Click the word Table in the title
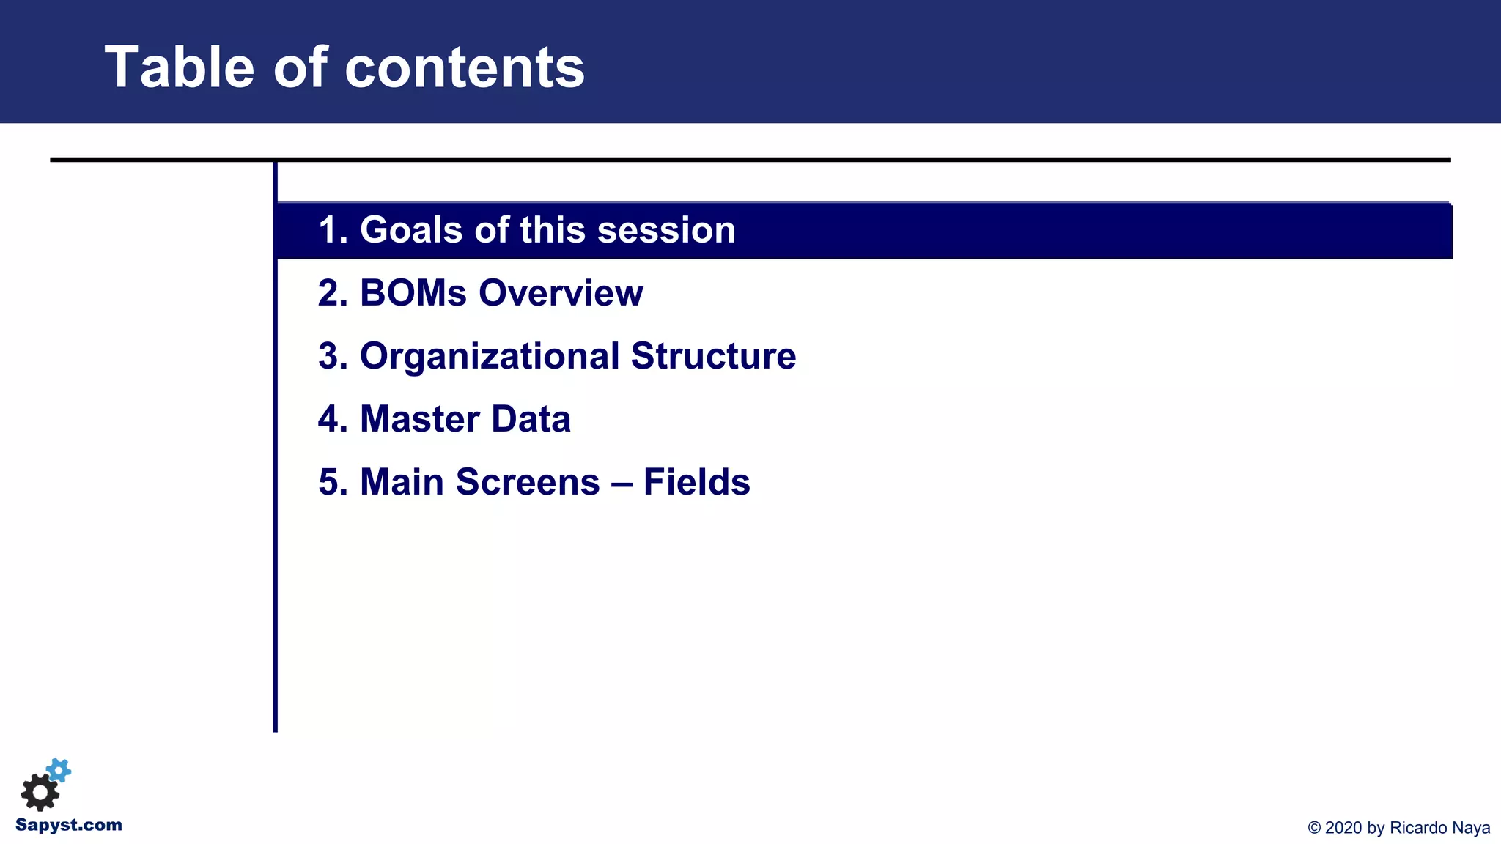pos(180,67)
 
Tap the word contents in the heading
pos(464,67)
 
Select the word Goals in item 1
pos(412,230)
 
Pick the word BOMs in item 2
pos(413,293)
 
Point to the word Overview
pos(561,293)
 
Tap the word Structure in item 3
pos(713,356)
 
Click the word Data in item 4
pos(531,419)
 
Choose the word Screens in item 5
pos(528,482)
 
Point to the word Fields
pos(696,482)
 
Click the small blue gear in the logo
pos(59,770)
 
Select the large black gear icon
pos(40,792)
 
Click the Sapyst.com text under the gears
pos(69,825)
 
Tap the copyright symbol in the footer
pos(1314,828)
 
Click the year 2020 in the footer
pos(1343,828)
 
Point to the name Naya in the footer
pos(1472,828)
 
